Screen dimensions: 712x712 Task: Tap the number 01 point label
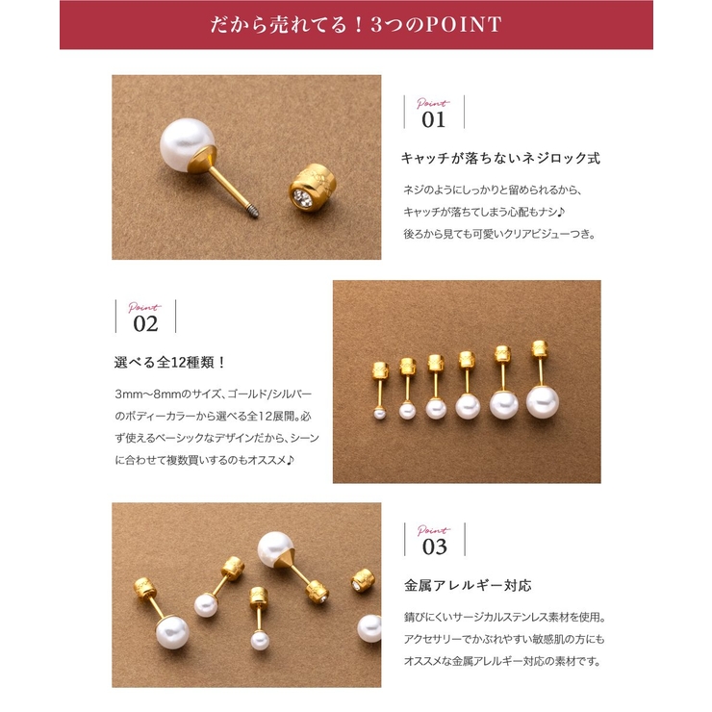click(x=434, y=119)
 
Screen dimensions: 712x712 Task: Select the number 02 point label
click(x=145, y=322)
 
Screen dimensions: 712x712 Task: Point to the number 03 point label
click(x=434, y=546)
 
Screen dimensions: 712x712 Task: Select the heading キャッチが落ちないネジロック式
click(x=499, y=158)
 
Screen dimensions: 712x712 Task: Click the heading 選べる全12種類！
click(x=169, y=363)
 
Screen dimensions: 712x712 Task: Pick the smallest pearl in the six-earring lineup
click(x=379, y=413)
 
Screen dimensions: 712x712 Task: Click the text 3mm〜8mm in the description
click(x=143, y=395)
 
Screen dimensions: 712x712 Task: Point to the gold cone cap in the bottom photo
click(x=290, y=570)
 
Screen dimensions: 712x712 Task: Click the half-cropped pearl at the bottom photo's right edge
click(x=369, y=627)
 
